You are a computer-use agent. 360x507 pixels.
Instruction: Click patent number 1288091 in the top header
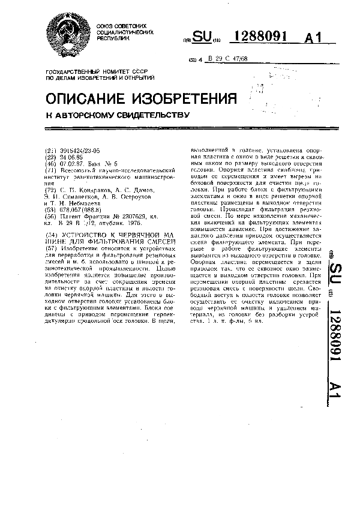tap(260, 37)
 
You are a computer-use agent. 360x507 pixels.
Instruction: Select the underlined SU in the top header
tap(203, 38)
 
